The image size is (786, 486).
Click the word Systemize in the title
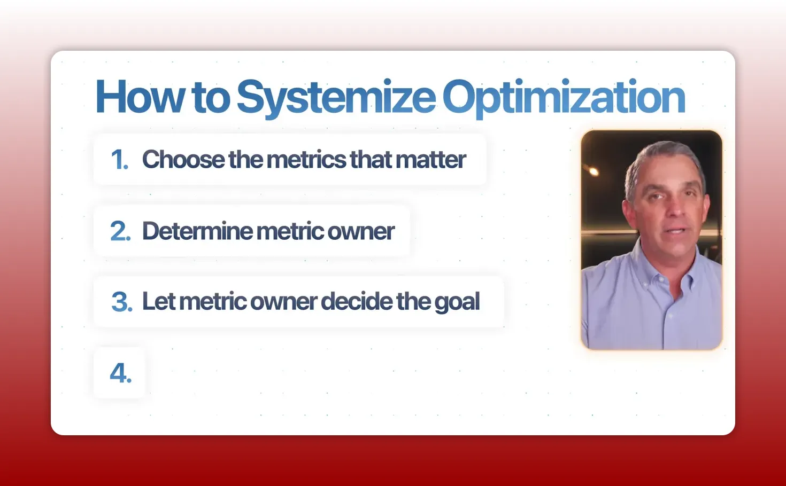click(336, 98)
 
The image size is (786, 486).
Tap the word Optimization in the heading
click(564, 98)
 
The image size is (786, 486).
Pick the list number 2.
click(120, 231)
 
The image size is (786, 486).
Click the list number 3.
click(121, 302)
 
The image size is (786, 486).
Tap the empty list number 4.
click(120, 373)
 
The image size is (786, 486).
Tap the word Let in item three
click(158, 302)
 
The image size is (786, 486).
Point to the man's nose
click(674, 208)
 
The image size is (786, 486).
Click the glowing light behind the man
click(592, 170)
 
